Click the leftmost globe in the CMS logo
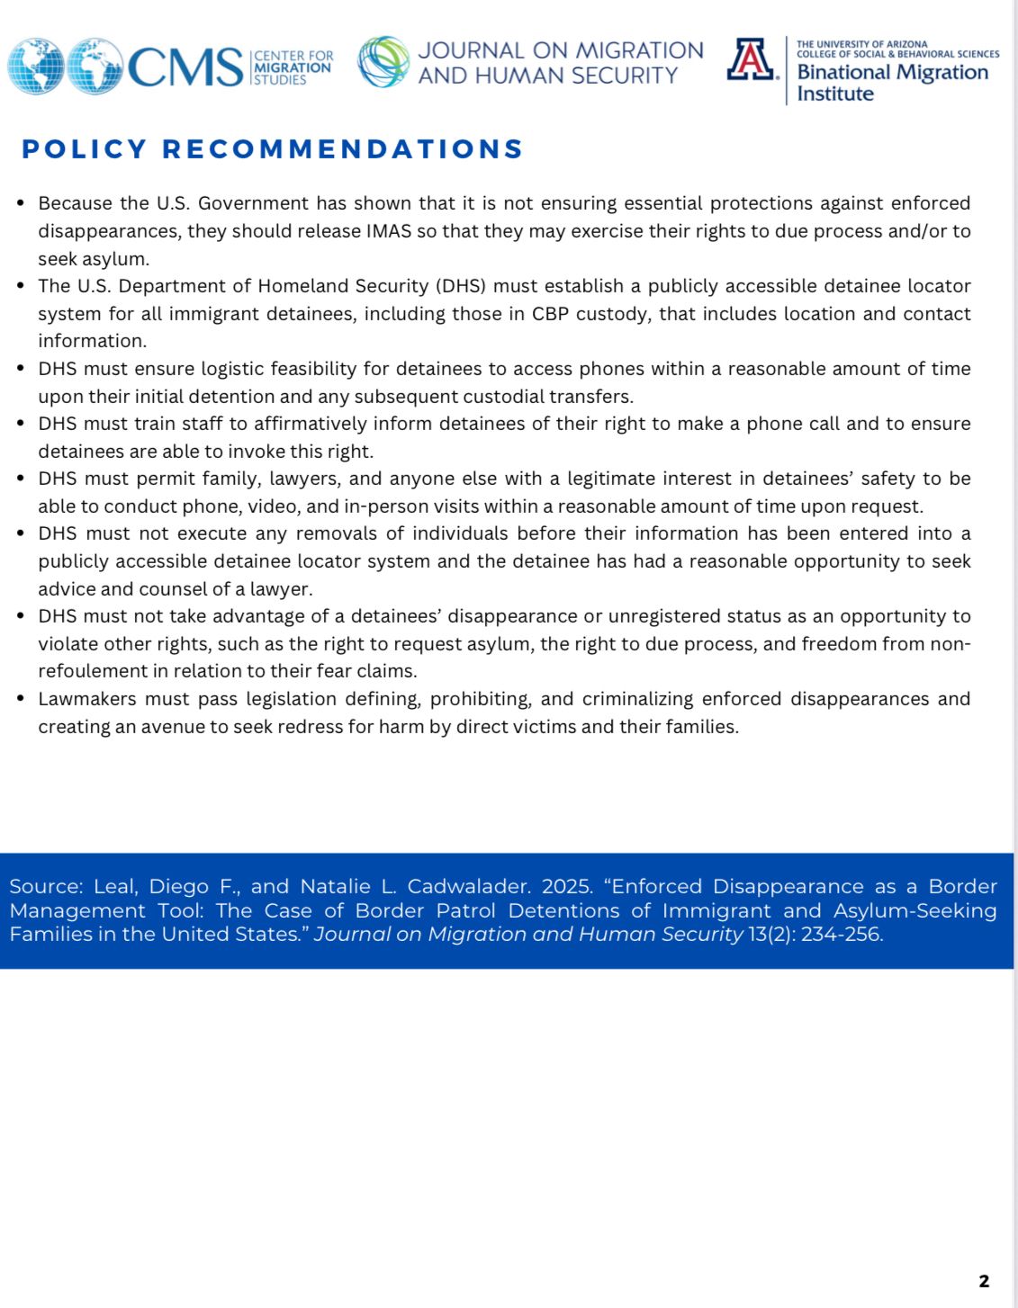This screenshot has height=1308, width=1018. click(35, 66)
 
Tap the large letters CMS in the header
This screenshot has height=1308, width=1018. click(185, 68)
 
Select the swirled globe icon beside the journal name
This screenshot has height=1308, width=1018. click(384, 62)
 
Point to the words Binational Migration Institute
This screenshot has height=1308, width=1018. click(891, 83)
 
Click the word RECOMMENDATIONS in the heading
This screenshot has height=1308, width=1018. click(343, 149)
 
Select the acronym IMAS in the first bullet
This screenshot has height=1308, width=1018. click(389, 231)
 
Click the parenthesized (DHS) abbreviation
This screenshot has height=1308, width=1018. click(461, 286)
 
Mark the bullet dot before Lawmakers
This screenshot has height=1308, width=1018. click(21, 698)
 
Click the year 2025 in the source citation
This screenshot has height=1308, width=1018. click(567, 887)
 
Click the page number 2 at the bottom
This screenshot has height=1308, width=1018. click(984, 1281)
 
